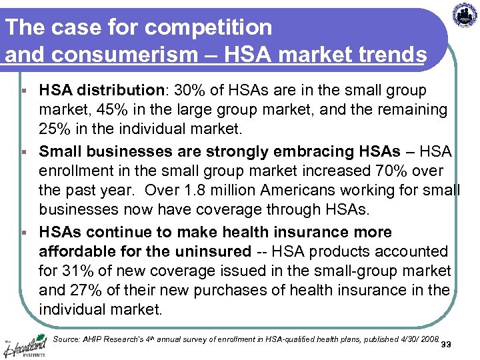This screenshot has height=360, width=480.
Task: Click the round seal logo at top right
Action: pyautogui.click(x=465, y=15)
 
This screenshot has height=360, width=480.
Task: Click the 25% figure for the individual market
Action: pyautogui.click(x=54, y=127)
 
